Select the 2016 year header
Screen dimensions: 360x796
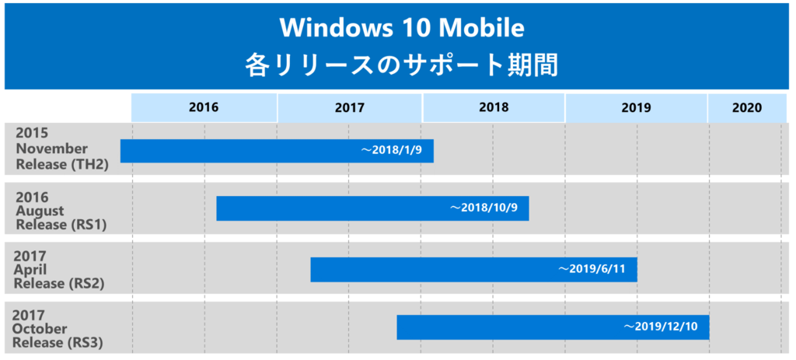point(204,108)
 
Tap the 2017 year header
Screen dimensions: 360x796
point(350,108)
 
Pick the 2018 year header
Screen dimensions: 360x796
point(494,108)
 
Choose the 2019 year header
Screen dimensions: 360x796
point(636,108)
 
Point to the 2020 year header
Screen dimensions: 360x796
point(746,108)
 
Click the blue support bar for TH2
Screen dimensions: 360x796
point(233,151)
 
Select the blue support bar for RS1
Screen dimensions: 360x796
point(326,208)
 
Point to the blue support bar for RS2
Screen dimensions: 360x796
point(428,269)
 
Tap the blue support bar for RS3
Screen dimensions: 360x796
point(505,327)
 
